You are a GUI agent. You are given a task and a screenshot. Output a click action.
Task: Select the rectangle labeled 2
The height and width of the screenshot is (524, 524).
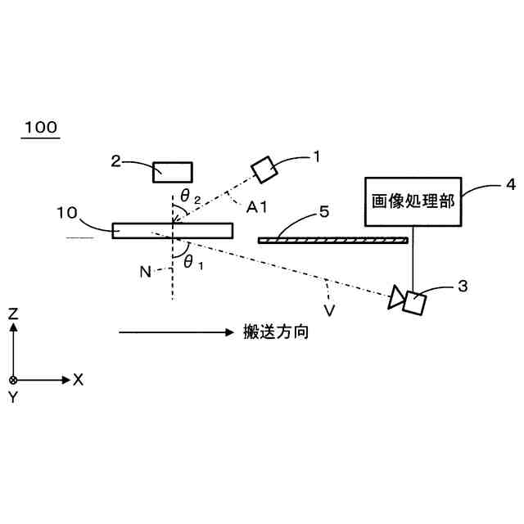coord(173,170)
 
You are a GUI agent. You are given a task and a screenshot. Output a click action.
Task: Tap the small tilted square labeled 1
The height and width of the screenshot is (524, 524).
coord(264,169)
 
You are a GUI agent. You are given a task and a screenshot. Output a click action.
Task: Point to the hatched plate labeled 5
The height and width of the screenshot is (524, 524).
coord(332,240)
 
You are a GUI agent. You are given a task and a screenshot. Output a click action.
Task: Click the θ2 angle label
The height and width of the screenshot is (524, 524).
coord(190,196)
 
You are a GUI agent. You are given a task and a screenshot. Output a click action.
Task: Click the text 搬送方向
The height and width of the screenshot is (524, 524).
coord(276,332)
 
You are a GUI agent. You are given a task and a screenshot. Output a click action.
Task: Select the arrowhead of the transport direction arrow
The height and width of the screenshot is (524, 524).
coord(230,332)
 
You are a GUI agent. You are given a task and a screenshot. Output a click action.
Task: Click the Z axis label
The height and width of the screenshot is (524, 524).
coord(13,313)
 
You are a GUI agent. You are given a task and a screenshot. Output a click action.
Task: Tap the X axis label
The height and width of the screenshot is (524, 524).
coord(79,379)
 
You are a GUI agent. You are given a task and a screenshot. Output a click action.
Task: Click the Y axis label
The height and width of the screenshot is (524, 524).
coord(13,397)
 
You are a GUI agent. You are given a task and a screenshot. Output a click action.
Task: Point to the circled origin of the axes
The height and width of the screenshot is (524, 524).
coord(13,380)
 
